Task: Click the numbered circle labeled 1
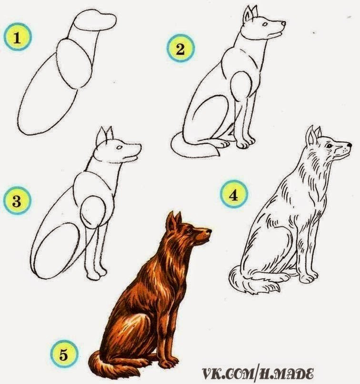pyautogui.click(x=18, y=37)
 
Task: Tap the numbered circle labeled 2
pyautogui.click(x=180, y=49)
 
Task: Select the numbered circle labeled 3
pyautogui.click(x=18, y=201)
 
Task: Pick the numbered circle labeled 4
pyautogui.click(x=234, y=194)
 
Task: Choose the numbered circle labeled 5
pyautogui.click(x=64, y=354)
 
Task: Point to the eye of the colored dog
pyautogui.click(x=189, y=231)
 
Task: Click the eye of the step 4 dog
pyautogui.click(x=329, y=146)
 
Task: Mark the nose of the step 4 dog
pyautogui.click(x=349, y=145)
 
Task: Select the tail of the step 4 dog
pyautogui.click(x=252, y=280)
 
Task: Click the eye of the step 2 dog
pyautogui.click(x=265, y=24)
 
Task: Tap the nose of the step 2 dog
pyautogui.click(x=283, y=23)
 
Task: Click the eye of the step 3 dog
pyautogui.click(x=120, y=148)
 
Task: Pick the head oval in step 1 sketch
pyautogui.click(x=95, y=20)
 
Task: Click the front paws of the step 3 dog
pyautogui.click(x=97, y=274)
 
